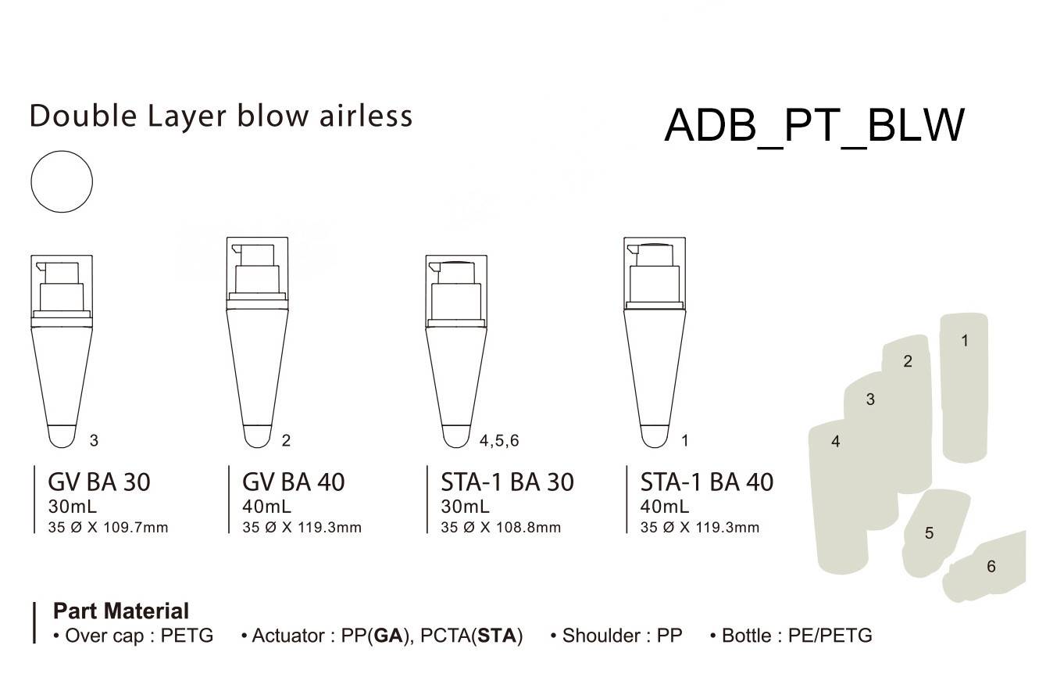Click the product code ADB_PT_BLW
[815, 125]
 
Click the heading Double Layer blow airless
[221, 116]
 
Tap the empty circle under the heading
[62, 181]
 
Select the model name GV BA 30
[99, 482]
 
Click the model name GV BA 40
[293, 482]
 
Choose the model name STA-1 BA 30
[507, 482]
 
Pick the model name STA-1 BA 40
[706, 482]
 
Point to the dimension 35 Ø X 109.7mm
[108, 528]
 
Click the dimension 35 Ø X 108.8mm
[501, 528]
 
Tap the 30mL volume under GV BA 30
[73, 506]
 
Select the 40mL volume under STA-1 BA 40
[665, 506]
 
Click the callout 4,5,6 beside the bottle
[499, 440]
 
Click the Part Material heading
[121, 611]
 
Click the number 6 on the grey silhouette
[991, 567]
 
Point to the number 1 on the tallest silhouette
[965, 341]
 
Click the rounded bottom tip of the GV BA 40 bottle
[257, 437]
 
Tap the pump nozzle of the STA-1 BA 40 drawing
[632, 249]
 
